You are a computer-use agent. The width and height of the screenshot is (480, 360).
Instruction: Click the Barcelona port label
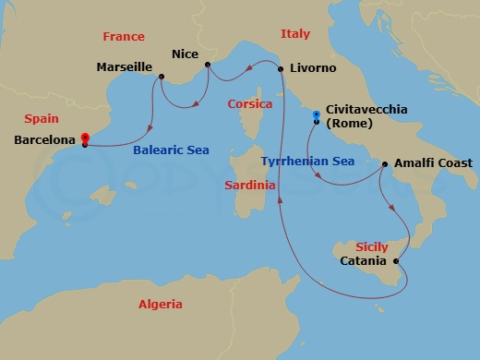pos(46,141)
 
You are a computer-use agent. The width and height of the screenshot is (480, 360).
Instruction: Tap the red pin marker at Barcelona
pos(84,138)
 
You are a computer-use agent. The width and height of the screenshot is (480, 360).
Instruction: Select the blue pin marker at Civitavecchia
pos(316,116)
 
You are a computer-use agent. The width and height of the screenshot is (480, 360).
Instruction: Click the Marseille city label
pos(126,67)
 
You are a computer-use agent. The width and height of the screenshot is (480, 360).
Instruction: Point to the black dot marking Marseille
pos(161,77)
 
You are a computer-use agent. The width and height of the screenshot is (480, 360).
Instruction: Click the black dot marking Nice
pos(208,65)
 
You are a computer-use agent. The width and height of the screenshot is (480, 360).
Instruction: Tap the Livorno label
pos(312,68)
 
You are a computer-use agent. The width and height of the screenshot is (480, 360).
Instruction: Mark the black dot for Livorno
pos(281,68)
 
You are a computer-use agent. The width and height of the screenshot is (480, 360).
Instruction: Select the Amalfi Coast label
pos(432,162)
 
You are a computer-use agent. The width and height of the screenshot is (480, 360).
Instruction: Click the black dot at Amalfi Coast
pos(384,164)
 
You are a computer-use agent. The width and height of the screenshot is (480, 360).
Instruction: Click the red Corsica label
pos(250,104)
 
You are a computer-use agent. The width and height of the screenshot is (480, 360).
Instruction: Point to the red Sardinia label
pos(250,185)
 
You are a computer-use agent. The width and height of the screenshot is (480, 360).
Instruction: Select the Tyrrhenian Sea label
pos(308,162)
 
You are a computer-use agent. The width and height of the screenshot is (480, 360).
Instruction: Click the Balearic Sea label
pos(171,149)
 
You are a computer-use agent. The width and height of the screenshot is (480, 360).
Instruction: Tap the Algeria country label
pos(160,304)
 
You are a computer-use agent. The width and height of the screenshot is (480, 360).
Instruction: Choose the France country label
pos(123,37)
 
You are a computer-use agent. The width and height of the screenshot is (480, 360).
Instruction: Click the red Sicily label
pos(371,247)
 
